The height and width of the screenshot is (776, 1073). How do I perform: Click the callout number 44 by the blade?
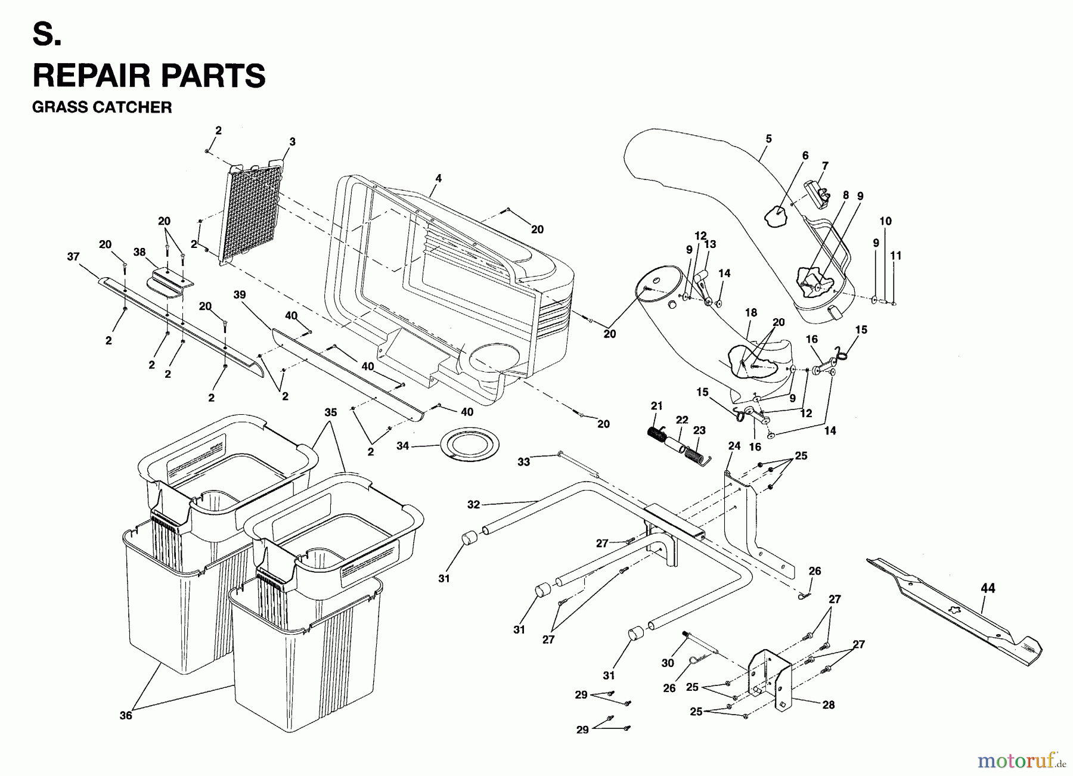tap(988, 588)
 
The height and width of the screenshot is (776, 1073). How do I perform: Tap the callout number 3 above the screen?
tap(292, 142)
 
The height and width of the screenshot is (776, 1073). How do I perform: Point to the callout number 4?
tap(439, 178)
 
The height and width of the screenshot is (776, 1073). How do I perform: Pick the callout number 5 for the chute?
tap(768, 139)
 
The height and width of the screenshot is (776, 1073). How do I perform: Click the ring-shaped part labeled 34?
tap(469, 445)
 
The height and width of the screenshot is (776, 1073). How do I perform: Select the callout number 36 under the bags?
tap(125, 715)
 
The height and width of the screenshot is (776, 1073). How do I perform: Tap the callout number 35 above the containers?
tap(331, 412)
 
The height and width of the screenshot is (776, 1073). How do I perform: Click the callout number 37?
tap(73, 256)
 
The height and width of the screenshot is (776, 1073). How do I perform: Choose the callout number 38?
tap(139, 252)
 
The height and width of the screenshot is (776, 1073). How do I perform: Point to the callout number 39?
tap(240, 295)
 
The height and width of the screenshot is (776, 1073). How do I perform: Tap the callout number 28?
tap(828, 704)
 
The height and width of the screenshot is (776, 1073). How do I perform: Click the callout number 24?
tap(734, 446)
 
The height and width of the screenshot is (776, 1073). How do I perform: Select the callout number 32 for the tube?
tap(473, 504)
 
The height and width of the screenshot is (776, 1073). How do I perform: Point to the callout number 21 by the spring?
tap(656, 406)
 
